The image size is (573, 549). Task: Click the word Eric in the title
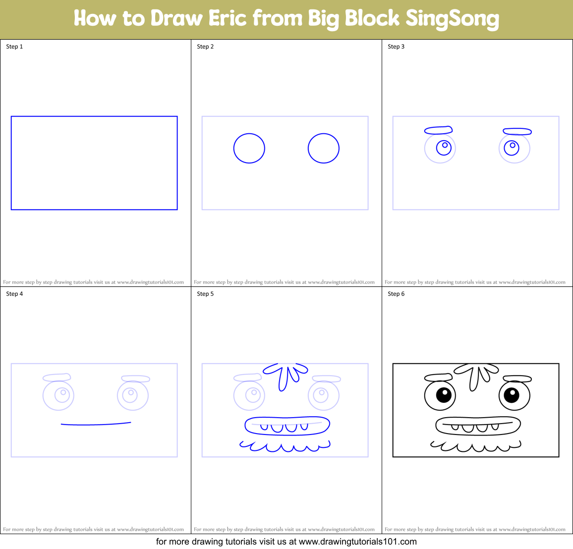pos(228,18)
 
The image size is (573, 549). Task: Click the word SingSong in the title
pos(452,19)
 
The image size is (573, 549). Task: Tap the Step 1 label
pos(14,47)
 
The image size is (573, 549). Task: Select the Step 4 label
pos(14,294)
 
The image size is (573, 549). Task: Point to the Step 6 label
pos(396,294)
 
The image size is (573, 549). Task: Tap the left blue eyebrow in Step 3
pos(438,130)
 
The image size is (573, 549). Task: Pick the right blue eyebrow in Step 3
pos(517,131)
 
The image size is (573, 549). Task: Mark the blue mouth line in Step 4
pos(96,424)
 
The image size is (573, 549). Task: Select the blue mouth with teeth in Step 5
pos(287,425)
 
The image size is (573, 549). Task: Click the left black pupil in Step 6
pos(444,395)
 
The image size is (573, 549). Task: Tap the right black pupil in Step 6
pos(512,395)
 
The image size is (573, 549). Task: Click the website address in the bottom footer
pos(357,542)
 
